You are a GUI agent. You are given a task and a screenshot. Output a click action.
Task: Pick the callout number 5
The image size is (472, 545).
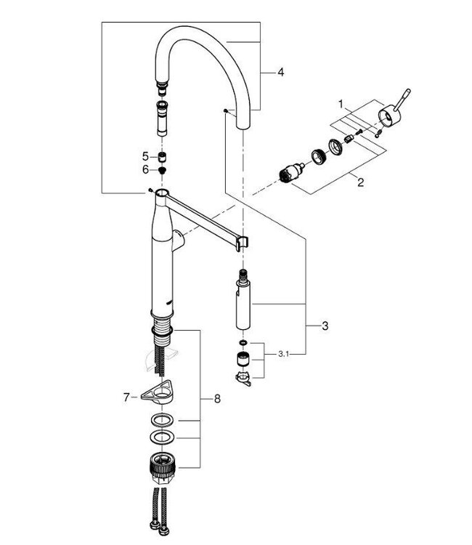(x=145, y=156)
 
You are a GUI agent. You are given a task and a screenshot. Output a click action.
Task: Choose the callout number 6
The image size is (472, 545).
(x=145, y=169)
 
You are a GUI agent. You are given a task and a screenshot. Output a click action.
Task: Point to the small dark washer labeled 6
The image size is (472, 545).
(x=163, y=169)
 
